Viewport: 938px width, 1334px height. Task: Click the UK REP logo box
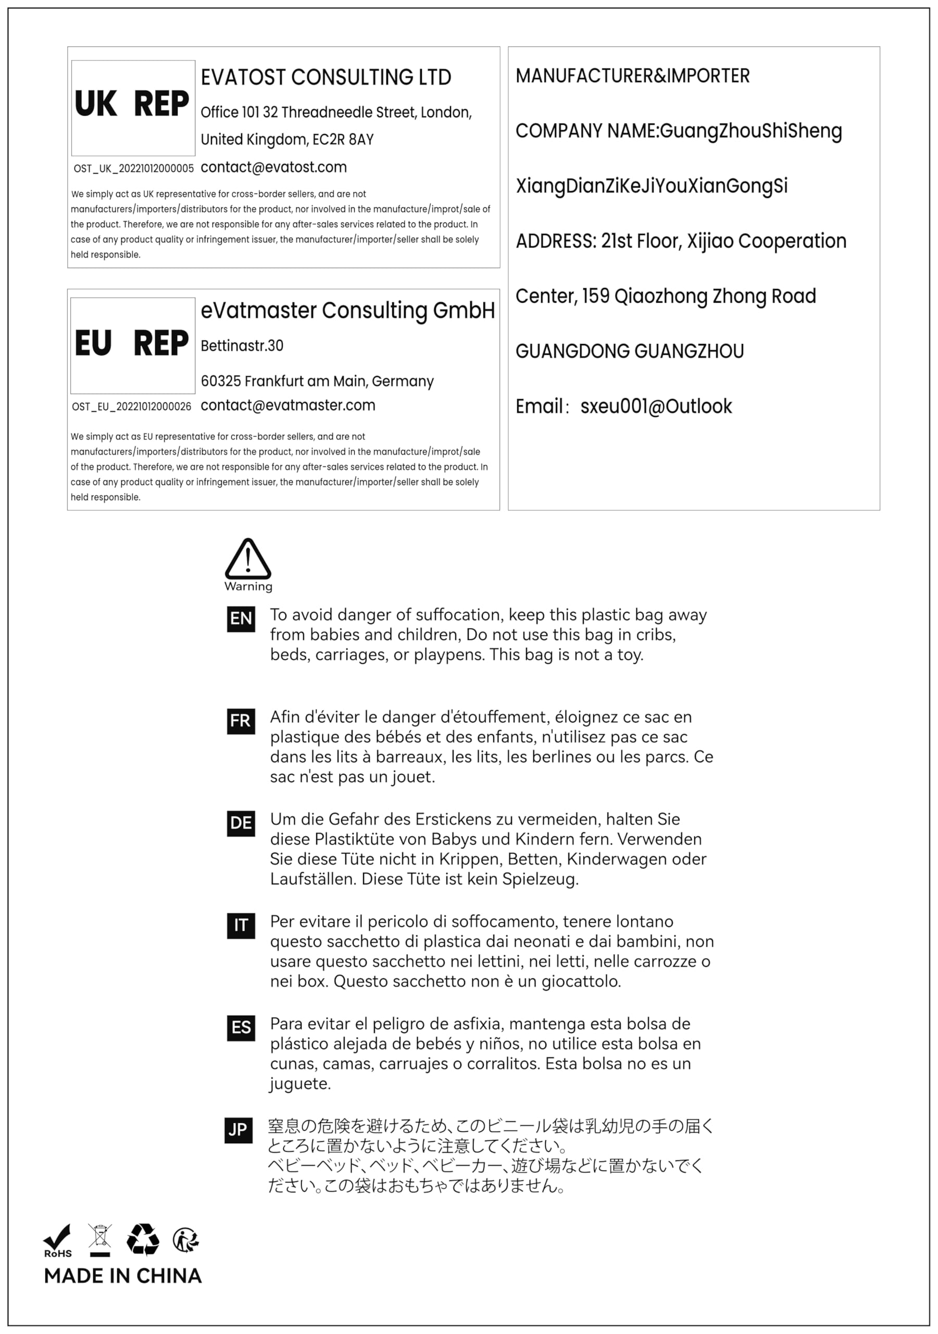(x=133, y=107)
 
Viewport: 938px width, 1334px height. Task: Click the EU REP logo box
(x=132, y=345)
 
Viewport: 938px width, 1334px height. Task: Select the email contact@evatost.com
(x=273, y=167)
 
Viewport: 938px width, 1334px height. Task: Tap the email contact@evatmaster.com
(x=287, y=405)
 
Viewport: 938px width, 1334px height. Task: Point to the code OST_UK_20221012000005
(x=133, y=169)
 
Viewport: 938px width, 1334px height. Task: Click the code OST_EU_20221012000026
(x=131, y=406)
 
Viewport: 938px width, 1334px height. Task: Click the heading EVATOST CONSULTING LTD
(x=326, y=77)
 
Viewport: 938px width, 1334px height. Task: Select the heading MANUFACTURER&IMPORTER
(x=632, y=76)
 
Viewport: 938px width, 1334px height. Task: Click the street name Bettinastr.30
(x=242, y=345)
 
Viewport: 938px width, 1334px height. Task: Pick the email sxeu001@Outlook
(x=656, y=406)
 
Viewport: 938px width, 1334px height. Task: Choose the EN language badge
(x=241, y=618)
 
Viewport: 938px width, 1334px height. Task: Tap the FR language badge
(x=241, y=721)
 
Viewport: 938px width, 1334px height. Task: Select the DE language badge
(x=241, y=823)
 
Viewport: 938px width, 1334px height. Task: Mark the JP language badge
(x=238, y=1130)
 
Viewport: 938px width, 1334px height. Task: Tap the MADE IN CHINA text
(x=123, y=1276)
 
